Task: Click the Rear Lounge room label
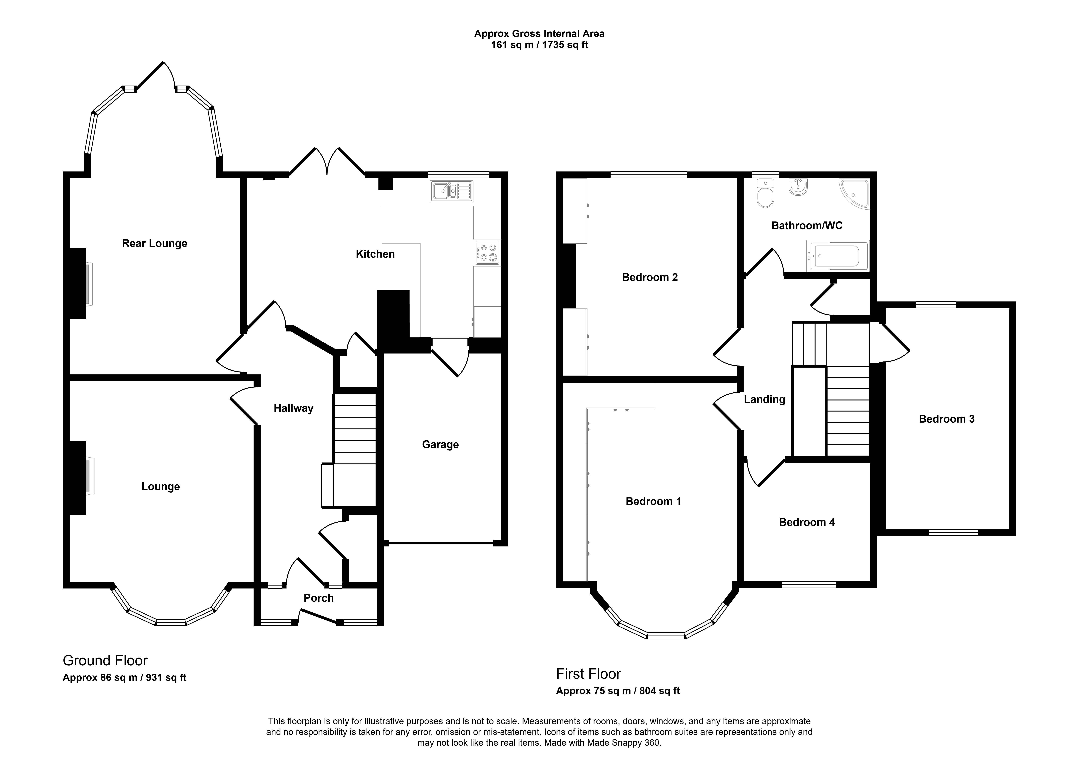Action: tap(155, 244)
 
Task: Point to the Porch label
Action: tap(319, 598)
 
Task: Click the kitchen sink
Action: tap(451, 191)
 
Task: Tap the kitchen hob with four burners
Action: tap(487, 252)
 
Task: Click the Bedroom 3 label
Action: tap(946, 419)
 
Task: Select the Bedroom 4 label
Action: tap(807, 522)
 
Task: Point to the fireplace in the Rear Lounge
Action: tap(78, 284)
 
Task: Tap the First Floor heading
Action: tap(588, 674)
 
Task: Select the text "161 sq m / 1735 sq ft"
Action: tap(539, 45)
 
